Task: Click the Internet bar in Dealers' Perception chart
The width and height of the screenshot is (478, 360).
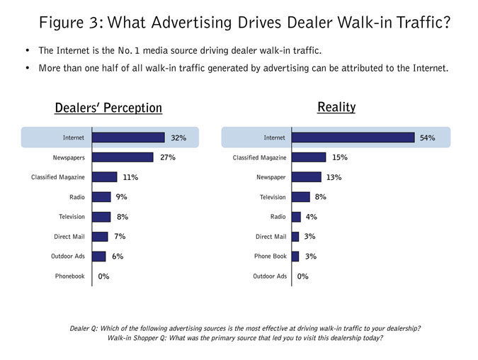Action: [128, 137]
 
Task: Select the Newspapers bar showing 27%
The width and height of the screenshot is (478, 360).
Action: [123, 157]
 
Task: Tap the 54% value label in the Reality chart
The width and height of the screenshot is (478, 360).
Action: [427, 137]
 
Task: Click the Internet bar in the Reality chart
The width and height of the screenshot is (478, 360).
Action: [353, 137]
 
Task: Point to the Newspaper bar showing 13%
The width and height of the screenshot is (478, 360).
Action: [306, 177]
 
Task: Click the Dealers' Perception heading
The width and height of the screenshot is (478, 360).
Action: [108, 108]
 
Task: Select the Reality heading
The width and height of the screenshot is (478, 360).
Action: [336, 107]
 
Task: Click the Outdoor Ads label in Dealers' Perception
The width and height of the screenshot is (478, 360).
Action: [68, 257]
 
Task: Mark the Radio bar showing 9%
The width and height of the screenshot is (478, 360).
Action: [101, 197]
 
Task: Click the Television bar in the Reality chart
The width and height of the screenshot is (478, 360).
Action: [301, 197]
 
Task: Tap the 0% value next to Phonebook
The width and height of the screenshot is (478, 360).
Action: [103, 276]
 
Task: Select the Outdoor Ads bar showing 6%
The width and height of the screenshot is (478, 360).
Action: [99, 257]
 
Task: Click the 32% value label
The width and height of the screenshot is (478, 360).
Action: [178, 137]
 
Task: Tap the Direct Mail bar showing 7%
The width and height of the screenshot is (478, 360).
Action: [100, 237]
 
